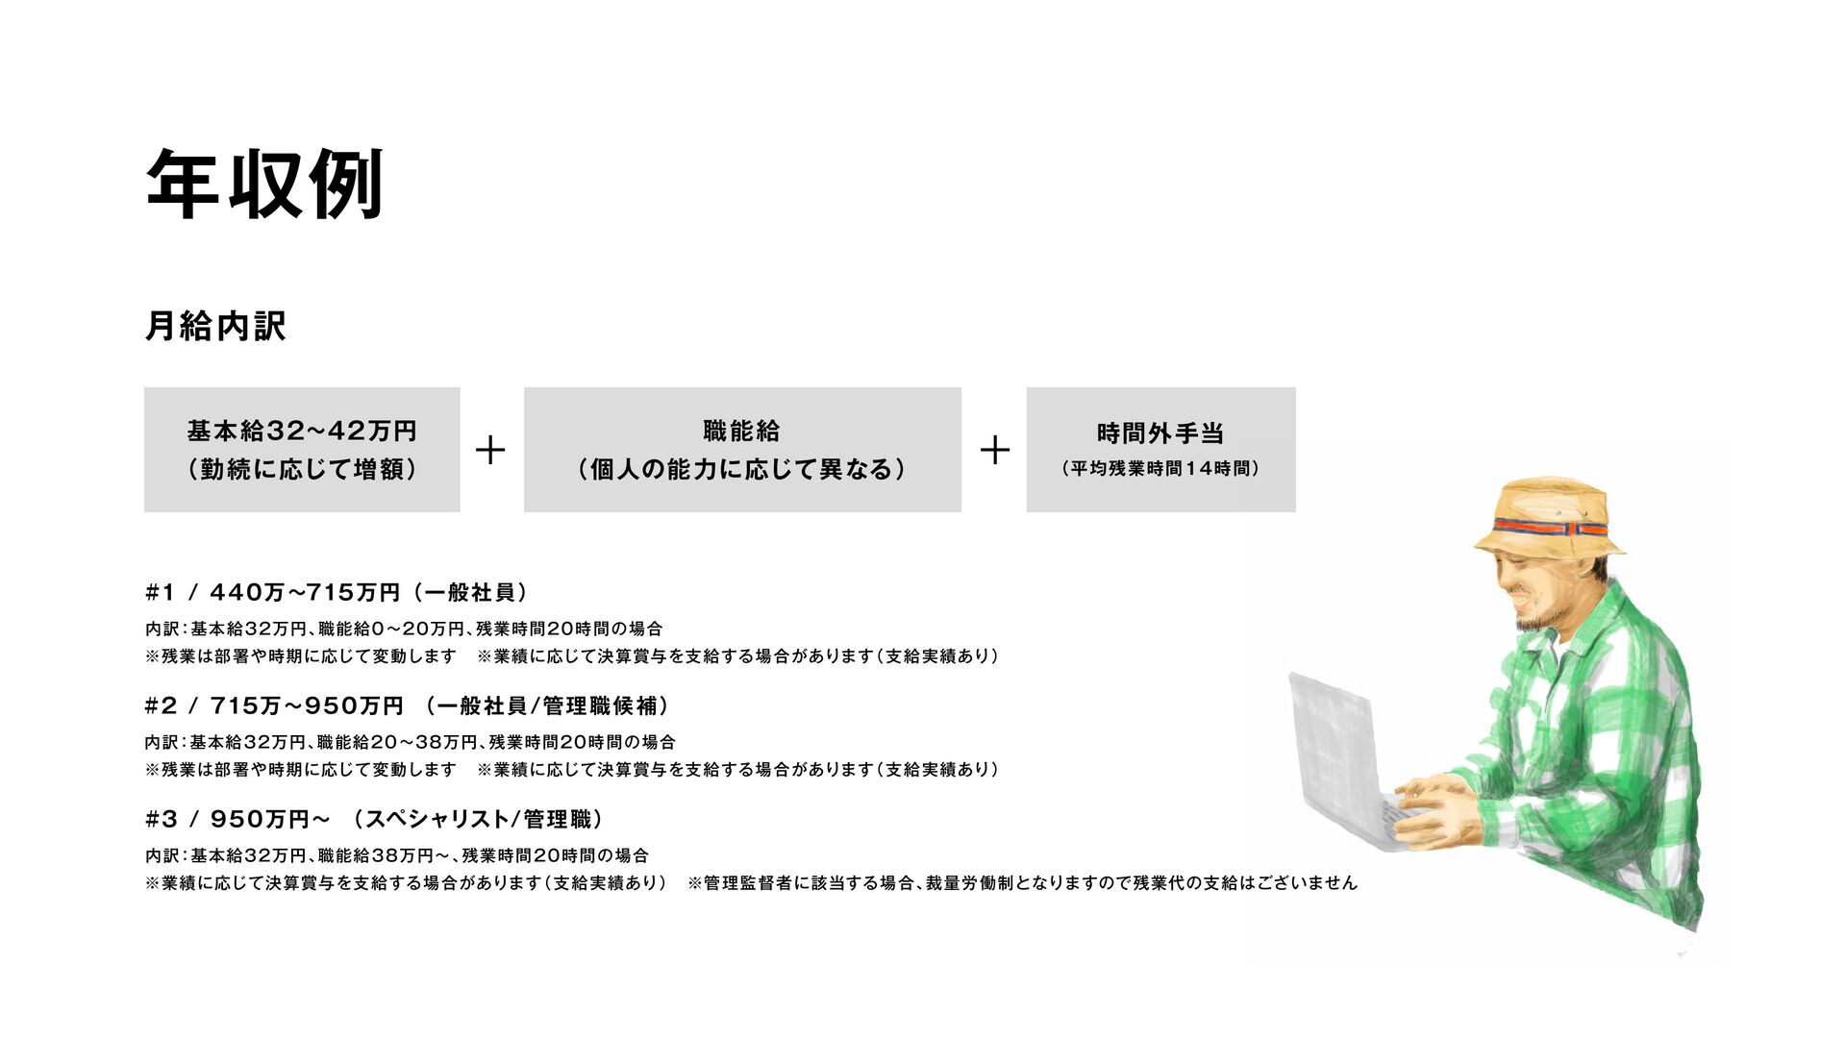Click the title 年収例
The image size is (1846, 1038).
(x=264, y=185)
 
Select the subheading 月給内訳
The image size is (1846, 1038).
(x=215, y=326)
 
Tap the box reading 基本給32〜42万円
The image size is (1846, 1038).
(x=302, y=449)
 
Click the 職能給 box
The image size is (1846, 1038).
(x=742, y=449)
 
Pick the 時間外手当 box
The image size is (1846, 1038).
(x=1160, y=449)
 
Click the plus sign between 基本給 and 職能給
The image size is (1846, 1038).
(x=490, y=450)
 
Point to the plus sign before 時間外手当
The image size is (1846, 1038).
(x=995, y=450)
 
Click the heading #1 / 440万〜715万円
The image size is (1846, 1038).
(x=337, y=592)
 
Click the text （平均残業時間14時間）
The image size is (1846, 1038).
(x=1160, y=469)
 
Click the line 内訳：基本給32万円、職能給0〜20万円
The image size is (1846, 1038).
(x=404, y=629)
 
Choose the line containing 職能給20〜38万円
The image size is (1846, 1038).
(x=410, y=742)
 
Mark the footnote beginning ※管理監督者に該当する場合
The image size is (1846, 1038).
(x=1022, y=882)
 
